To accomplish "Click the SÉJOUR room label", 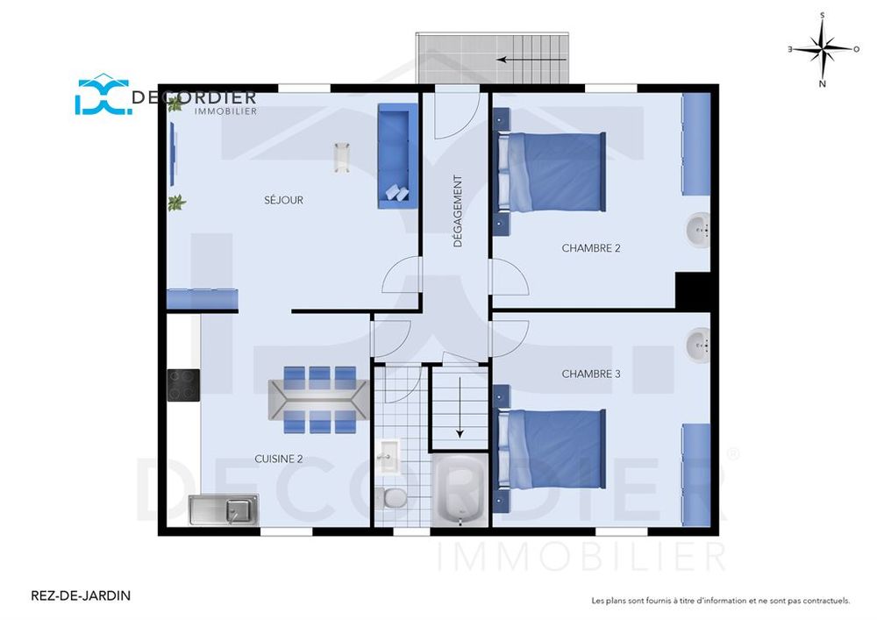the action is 283,200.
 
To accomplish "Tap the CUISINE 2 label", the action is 279,459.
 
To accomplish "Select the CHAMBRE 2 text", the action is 590,248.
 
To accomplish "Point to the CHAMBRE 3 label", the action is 590,374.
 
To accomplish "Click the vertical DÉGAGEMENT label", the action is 458,210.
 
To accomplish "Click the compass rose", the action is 823,49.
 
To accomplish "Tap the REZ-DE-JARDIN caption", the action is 81,596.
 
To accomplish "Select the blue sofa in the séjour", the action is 397,156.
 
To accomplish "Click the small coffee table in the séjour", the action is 342,158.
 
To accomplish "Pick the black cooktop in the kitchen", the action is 183,385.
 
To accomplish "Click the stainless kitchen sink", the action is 224,510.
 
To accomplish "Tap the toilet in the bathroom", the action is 394,497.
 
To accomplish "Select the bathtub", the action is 460,490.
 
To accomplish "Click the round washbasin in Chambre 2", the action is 699,230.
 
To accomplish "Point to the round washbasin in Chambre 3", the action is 699,346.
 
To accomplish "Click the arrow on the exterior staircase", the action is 531,60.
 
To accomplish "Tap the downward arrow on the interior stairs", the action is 460,407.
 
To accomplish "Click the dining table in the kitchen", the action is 319,400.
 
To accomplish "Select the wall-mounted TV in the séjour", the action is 172,153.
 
